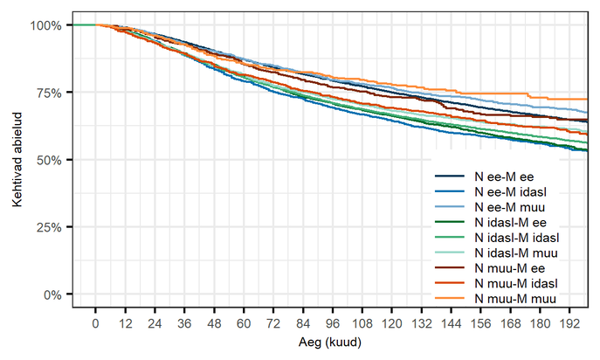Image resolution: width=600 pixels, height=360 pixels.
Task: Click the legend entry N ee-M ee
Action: click(x=504, y=177)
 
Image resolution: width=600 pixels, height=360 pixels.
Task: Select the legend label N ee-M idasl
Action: click(x=510, y=192)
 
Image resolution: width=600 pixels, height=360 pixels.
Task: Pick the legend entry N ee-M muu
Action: click(x=510, y=207)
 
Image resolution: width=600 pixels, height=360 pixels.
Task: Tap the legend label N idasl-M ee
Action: click(x=510, y=223)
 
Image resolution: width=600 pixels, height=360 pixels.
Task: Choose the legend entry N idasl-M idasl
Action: click(x=517, y=238)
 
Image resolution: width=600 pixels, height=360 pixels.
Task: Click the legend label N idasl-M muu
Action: click(x=516, y=253)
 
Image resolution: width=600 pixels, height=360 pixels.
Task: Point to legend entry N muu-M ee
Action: click(x=510, y=268)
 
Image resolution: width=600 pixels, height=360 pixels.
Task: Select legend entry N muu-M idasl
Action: click(x=516, y=283)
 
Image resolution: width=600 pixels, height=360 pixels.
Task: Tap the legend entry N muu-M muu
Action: click(x=515, y=299)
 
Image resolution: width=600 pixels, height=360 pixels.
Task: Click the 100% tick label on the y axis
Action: click(x=46, y=25)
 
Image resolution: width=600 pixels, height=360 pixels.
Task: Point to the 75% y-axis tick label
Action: click(x=49, y=93)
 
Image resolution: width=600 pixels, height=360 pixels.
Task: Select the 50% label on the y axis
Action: click(x=49, y=160)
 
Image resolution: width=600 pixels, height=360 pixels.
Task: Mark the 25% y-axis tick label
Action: click(x=49, y=227)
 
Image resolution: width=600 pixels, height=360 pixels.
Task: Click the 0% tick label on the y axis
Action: click(x=52, y=294)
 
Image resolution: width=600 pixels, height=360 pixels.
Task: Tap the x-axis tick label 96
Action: click(x=333, y=324)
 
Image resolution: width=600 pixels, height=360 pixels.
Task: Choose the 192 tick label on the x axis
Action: click(x=569, y=324)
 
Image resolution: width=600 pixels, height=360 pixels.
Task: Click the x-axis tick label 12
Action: click(x=125, y=324)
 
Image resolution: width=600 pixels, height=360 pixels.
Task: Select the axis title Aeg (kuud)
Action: click(x=330, y=342)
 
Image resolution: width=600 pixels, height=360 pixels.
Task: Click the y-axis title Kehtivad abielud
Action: click(x=17, y=160)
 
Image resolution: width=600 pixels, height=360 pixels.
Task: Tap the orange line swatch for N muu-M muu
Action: click(x=450, y=298)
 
